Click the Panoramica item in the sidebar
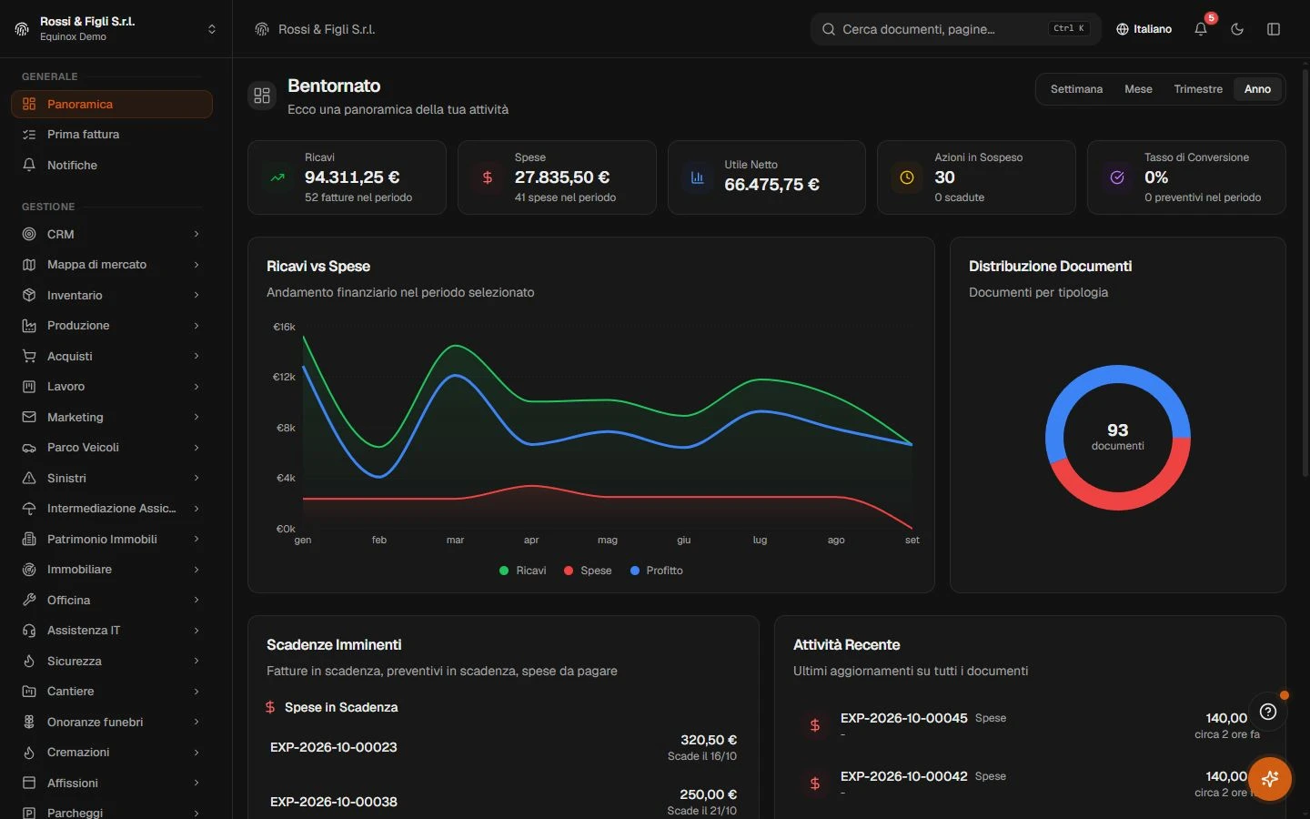coord(111,104)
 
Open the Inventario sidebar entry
coord(111,295)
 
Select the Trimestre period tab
coord(1198,89)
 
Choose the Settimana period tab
coord(1076,89)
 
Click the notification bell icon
coord(1200,29)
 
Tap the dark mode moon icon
coord(1237,29)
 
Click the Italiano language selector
coord(1144,29)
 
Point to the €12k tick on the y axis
coord(284,377)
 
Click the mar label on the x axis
coord(455,540)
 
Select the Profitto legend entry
coord(657,571)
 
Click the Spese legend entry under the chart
coord(588,571)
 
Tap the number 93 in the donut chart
coord(1117,430)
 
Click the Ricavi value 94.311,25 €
coord(352,177)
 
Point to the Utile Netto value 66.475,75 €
coord(772,184)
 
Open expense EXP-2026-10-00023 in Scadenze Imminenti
coord(333,747)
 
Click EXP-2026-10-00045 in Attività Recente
coord(903,718)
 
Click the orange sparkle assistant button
coord(1270,779)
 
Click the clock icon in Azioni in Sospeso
coord(906,177)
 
